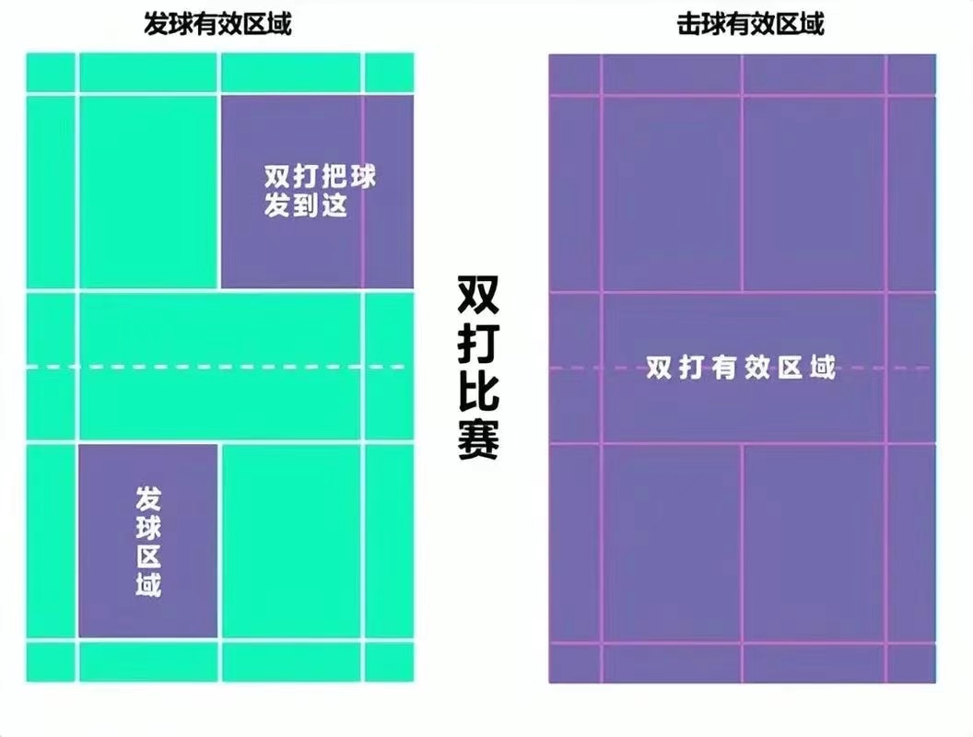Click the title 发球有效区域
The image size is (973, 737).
pyautogui.click(x=217, y=24)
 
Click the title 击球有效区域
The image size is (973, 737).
pyautogui.click(x=750, y=24)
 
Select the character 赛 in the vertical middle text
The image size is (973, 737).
pyautogui.click(x=478, y=439)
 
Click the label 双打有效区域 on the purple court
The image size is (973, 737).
pyautogui.click(x=741, y=368)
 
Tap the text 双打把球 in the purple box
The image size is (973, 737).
pyautogui.click(x=321, y=177)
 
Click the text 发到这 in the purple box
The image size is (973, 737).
pyautogui.click(x=305, y=205)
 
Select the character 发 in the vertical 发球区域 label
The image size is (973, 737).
pyautogui.click(x=148, y=499)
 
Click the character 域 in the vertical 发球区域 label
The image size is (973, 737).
pyautogui.click(x=148, y=584)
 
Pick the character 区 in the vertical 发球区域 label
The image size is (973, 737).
pyautogui.click(x=148, y=556)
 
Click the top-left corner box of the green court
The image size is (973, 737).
pyautogui.click(x=51, y=73)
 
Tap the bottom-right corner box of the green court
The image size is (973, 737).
pyautogui.click(x=389, y=662)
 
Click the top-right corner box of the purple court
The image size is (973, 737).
pyautogui.click(x=911, y=75)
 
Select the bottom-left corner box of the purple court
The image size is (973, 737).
pyautogui.click(x=575, y=664)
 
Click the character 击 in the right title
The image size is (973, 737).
pyautogui.click(x=689, y=24)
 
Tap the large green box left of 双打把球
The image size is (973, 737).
pyautogui.click(x=147, y=192)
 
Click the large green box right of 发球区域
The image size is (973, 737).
pyautogui.click(x=291, y=542)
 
